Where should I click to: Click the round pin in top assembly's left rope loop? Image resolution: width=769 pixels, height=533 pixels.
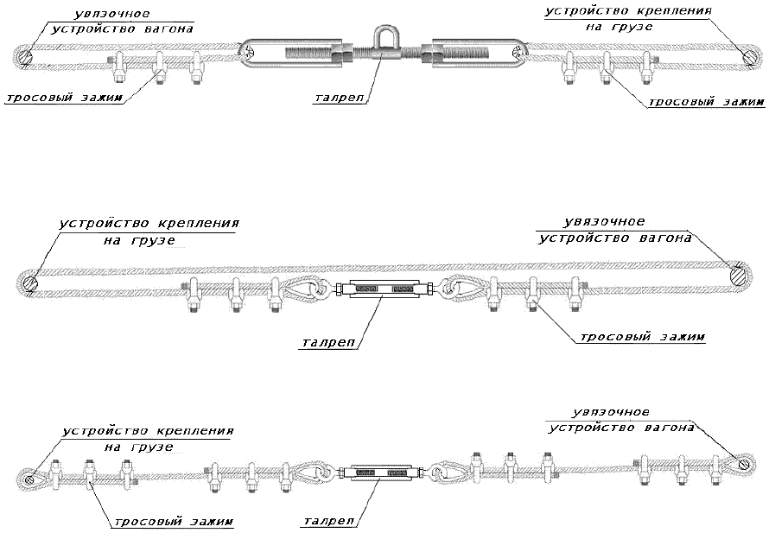click(x=25, y=58)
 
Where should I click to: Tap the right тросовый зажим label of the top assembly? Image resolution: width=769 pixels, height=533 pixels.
click(x=706, y=101)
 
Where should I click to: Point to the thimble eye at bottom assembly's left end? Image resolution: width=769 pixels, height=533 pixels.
click(x=29, y=476)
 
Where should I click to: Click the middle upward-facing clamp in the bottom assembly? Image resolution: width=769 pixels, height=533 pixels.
click(x=509, y=466)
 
